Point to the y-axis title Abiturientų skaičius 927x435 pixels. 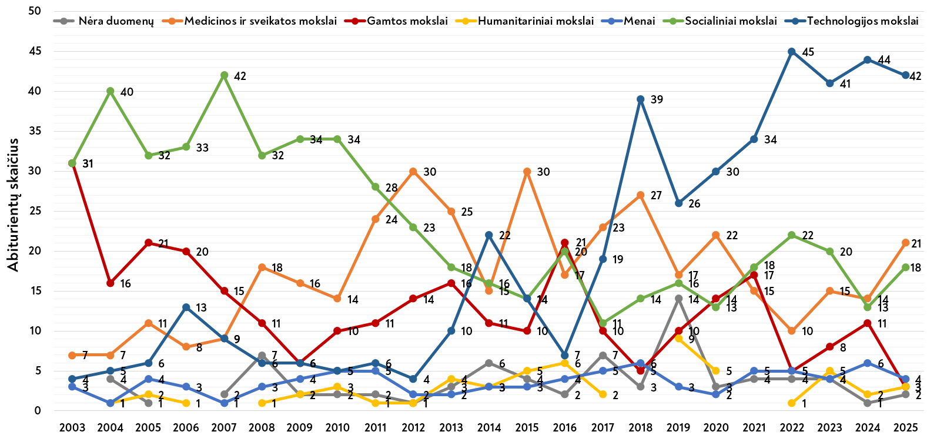pyautogui.click(x=14, y=205)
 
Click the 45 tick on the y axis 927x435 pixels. pyautogui.click(x=35, y=51)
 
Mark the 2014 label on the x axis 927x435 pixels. pyautogui.click(x=489, y=427)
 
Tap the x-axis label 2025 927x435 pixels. pyautogui.click(x=905, y=427)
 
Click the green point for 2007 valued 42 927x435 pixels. pyautogui.click(x=224, y=75)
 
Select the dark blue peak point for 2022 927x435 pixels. pyautogui.click(x=792, y=52)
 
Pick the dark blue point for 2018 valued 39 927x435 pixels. pyautogui.click(x=641, y=99)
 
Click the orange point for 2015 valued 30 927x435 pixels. pyautogui.click(x=527, y=172)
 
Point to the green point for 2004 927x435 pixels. pyautogui.click(x=111, y=91)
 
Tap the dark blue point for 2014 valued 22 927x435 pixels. pyautogui.click(x=489, y=235)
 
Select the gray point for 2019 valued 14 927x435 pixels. pyautogui.click(x=678, y=299)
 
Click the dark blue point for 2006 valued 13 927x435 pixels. pyautogui.click(x=186, y=307)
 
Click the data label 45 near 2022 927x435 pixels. pyautogui.click(x=808, y=52)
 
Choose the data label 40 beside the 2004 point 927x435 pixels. pyautogui.click(x=127, y=92)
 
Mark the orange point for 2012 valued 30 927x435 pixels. pyautogui.click(x=413, y=172)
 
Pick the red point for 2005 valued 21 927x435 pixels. pyautogui.click(x=148, y=243)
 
